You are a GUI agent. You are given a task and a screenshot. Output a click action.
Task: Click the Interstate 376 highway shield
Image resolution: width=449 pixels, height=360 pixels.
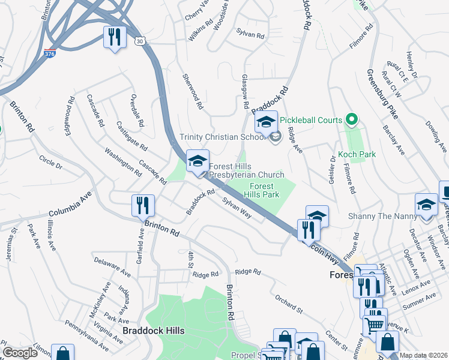[x=50, y=53]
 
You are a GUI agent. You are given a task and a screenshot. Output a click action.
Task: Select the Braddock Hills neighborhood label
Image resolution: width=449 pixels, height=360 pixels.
[x=153, y=331]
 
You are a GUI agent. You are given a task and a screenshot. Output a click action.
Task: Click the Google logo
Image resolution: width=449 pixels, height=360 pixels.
[x=19, y=353]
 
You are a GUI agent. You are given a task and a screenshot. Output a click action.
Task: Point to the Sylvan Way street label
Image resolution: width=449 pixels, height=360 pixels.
[x=236, y=208]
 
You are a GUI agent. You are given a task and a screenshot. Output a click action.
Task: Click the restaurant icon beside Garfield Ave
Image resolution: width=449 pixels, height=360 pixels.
[x=143, y=206]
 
